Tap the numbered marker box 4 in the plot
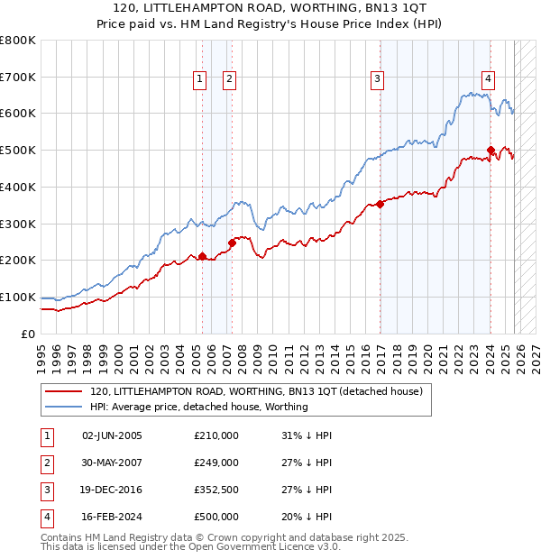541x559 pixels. (x=488, y=78)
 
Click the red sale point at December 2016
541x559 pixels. (x=380, y=204)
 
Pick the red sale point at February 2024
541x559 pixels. (x=491, y=150)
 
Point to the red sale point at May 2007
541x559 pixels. (x=232, y=242)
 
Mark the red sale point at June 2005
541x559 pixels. (x=202, y=256)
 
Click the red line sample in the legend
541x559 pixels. (x=63, y=391)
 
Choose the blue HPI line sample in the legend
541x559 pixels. (x=63, y=407)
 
